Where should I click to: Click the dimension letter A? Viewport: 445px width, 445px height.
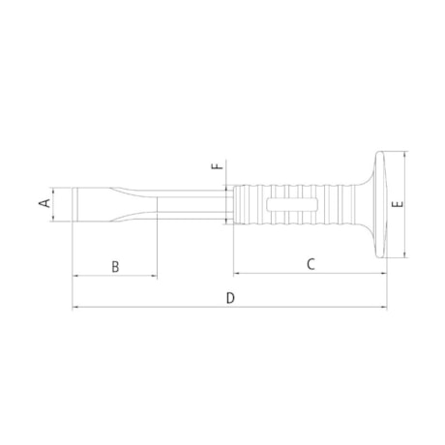tap(43, 204)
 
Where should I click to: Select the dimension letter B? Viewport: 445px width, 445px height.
tap(114, 265)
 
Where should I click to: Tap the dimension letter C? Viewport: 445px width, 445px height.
tap(311, 263)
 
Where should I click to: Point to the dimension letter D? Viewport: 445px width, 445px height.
tap(230, 298)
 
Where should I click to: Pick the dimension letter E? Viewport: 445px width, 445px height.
tap(397, 205)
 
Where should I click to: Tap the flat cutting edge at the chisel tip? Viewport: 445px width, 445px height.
tap(74, 205)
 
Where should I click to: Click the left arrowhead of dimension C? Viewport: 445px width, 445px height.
tap(236, 274)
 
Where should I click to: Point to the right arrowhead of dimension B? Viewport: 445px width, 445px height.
tap(152, 276)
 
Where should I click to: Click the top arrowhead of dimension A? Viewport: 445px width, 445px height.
tap(55, 191)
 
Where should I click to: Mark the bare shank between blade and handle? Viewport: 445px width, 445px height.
tap(193, 205)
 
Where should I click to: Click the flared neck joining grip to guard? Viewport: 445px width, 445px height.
tap(348, 205)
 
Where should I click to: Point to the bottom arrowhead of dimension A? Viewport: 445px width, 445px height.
tap(55, 221)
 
